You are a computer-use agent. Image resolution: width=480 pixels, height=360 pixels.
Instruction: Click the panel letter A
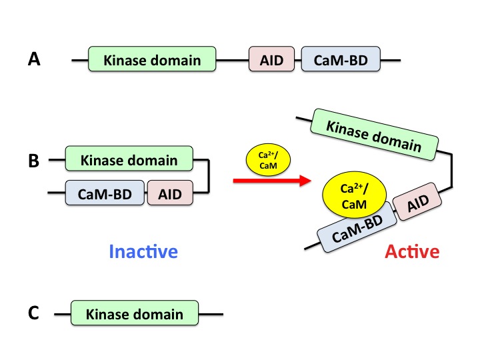coord(35,61)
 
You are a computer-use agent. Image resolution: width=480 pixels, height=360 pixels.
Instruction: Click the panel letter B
coord(35,161)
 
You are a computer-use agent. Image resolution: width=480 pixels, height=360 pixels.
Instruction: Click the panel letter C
coord(35,313)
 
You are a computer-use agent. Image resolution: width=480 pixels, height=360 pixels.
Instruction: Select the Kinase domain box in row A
coord(152,61)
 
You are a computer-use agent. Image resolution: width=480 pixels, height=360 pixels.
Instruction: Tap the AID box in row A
coord(271,61)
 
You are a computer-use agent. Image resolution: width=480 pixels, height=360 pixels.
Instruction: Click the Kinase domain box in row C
coord(135,314)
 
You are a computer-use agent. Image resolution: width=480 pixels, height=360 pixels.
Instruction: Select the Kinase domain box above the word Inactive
coord(129,160)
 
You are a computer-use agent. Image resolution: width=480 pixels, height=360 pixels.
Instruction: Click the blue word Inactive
coord(143,252)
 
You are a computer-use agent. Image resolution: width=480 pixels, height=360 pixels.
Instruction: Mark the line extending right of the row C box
coord(211,314)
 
